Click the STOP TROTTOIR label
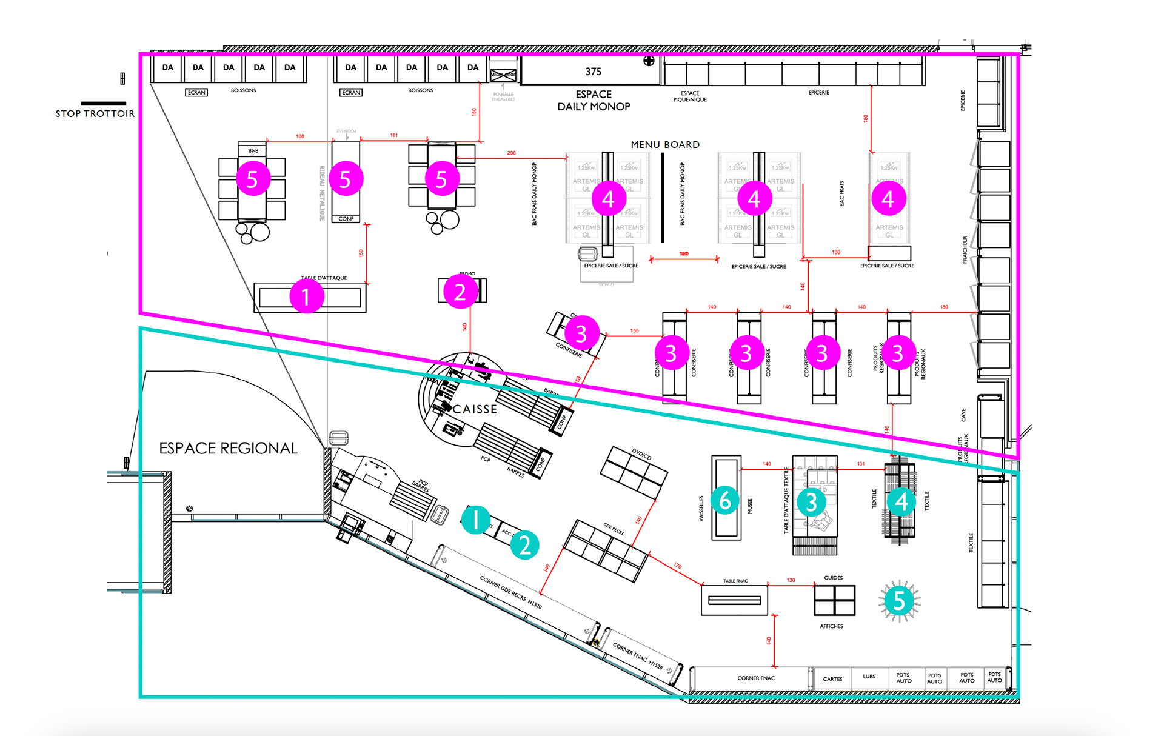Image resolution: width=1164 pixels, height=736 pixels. [95, 114]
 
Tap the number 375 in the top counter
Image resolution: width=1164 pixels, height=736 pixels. [593, 72]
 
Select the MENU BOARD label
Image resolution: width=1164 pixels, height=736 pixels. [665, 145]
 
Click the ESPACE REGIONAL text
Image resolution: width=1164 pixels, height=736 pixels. [228, 448]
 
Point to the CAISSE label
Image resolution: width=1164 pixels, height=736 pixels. [475, 409]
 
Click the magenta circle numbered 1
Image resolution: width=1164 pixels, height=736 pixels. [306, 296]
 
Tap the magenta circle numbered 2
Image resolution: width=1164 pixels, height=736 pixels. [460, 292]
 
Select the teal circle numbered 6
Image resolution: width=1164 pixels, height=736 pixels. [724, 501]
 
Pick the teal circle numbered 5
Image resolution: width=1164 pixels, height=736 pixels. [899, 600]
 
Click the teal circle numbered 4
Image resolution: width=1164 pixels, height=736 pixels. [901, 501]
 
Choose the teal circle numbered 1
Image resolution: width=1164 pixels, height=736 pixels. [476, 520]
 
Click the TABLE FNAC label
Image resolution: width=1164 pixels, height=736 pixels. [735, 581]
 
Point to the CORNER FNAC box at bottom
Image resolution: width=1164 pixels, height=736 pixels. [755, 678]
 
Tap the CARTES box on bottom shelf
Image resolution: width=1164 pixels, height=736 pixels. [832, 679]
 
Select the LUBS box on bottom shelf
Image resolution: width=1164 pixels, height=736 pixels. [869, 677]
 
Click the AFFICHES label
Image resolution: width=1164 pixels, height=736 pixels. [831, 626]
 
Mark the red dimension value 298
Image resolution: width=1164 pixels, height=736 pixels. [511, 153]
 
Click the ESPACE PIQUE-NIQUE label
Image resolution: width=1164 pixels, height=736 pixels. [690, 96]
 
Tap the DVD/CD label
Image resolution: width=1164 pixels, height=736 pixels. [641, 454]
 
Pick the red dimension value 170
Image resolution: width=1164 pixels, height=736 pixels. [677, 566]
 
